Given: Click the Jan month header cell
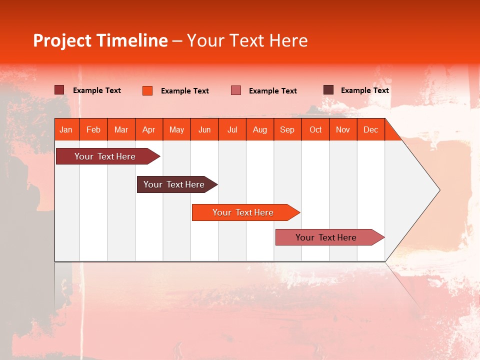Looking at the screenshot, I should (x=66, y=129).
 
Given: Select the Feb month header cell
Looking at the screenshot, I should (x=93, y=129).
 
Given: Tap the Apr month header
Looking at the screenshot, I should (x=149, y=129).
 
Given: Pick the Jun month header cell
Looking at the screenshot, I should (x=204, y=129).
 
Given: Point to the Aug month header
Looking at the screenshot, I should (x=260, y=129).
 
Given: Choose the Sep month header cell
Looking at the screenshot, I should (x=287, y=129).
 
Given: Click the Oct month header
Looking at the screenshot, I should (x=315, y=129).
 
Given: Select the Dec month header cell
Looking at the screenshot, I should (x=371, y=129).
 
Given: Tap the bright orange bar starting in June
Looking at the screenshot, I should (x=243, y=212).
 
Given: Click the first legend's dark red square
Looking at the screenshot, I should (x=59, y=90).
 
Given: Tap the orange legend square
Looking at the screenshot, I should (x=147, y=90).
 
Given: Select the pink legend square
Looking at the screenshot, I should (x=236, y=90).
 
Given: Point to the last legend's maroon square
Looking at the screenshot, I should (x=328, y=90).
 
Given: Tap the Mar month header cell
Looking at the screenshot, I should (x=121, y=129).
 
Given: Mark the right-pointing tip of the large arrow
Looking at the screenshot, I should (x=439, y=190).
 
